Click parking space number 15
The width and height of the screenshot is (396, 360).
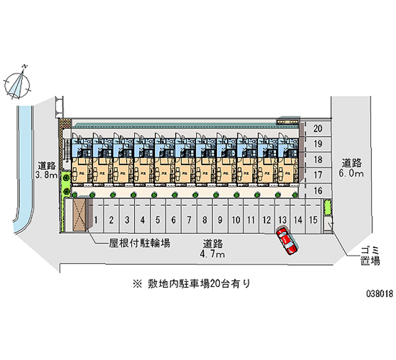(x=312, y=219)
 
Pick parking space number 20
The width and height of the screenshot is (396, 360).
(x=318, y=128)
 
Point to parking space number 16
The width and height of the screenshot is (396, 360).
(x=318, y=191)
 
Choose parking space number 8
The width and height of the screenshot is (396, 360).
(x=204, y=219)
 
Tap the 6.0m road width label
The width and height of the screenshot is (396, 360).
(x=352, y=168)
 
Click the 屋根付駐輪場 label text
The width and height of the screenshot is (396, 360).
(x=140, y=243)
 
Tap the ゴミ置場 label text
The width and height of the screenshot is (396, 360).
(x=370, y=256)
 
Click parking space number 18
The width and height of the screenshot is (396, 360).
(x=318, y=159)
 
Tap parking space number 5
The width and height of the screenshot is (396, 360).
(x=158, y=219)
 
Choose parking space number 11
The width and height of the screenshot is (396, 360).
(x=251, y=219)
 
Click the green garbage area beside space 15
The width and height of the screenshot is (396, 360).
(x=327, y=208)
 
